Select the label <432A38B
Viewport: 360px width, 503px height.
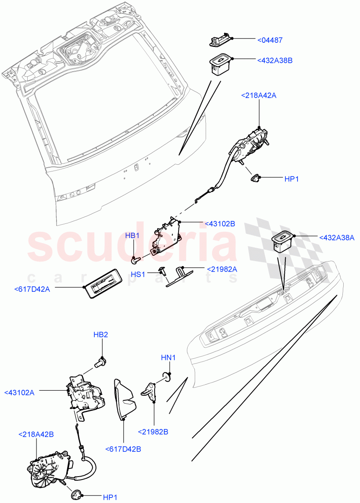(x=275, y=60)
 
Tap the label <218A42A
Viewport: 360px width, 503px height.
(x=259, y=96)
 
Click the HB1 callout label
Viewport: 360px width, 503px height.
(x=132, y=236)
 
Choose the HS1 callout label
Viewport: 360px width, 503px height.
(x=138, y=274)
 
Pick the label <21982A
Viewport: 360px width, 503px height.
(x=222, y=269)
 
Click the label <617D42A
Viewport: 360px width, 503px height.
(x=32, y=289)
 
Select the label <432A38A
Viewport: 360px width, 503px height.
(x=337, y=238)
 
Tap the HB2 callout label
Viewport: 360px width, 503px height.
(x=101, y=334)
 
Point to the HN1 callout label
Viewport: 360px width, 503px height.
(x=168, y=358)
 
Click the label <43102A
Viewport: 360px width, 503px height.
(x=19, y=393)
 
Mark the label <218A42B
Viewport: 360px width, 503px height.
(x=36, y=434)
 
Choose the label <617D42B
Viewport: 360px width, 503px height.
(x=124, y=449)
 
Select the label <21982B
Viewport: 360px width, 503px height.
(x=153, y=431)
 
